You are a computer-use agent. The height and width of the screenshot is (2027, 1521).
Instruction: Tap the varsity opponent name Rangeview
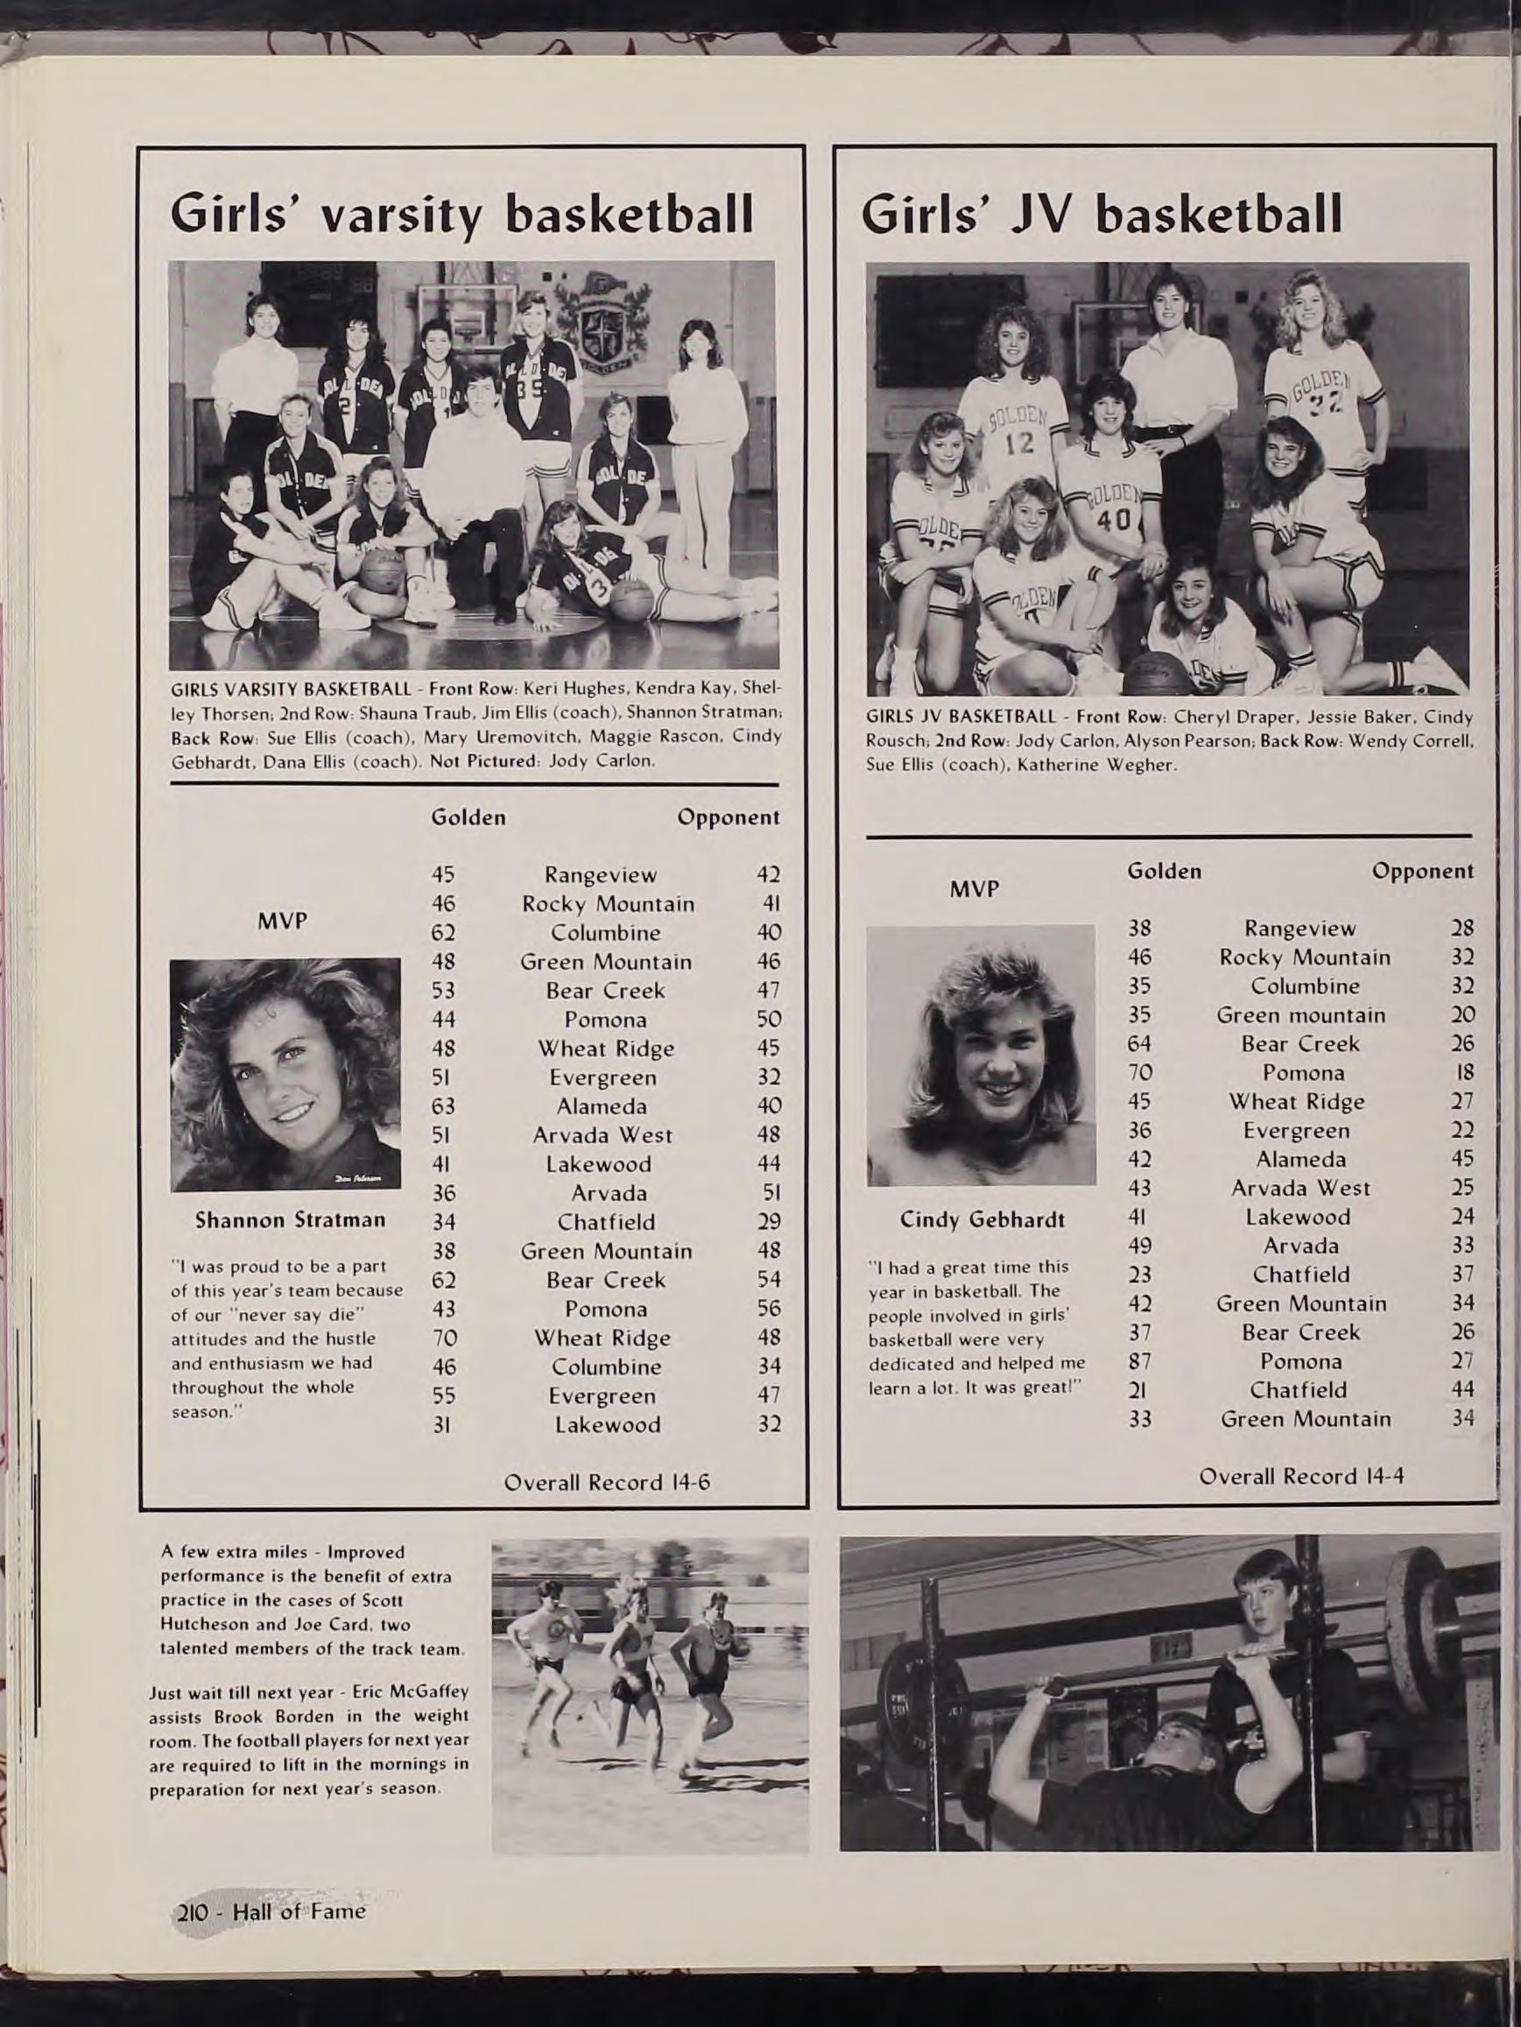(600, 875)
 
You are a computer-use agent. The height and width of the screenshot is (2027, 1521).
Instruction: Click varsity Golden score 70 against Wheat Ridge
(443, 1338)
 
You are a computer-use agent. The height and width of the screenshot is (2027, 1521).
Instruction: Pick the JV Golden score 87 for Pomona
(1139, 1360)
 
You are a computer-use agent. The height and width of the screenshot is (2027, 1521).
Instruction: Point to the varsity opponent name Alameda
(601, 1106)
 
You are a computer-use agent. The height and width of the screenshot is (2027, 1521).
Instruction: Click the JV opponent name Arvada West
(1300, 1189)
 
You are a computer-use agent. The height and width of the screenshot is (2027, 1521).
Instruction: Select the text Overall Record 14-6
(608, 1483)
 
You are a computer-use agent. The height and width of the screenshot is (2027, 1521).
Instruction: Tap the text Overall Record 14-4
(1302, 1476)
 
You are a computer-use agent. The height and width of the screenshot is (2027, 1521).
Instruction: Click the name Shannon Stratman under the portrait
(291, 1219)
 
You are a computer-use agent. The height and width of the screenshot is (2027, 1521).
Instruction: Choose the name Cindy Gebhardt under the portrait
(982, 1219)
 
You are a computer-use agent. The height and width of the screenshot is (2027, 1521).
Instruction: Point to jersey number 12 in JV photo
(1018, 443)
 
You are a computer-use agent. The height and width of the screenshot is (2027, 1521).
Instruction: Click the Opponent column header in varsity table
(729, 817)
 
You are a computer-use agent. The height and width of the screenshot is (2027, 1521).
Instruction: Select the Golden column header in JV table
(1164, 872)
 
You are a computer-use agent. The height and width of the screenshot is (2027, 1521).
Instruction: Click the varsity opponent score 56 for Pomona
(769, 1310)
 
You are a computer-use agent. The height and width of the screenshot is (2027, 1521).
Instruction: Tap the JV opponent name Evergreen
(1297, 1131)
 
